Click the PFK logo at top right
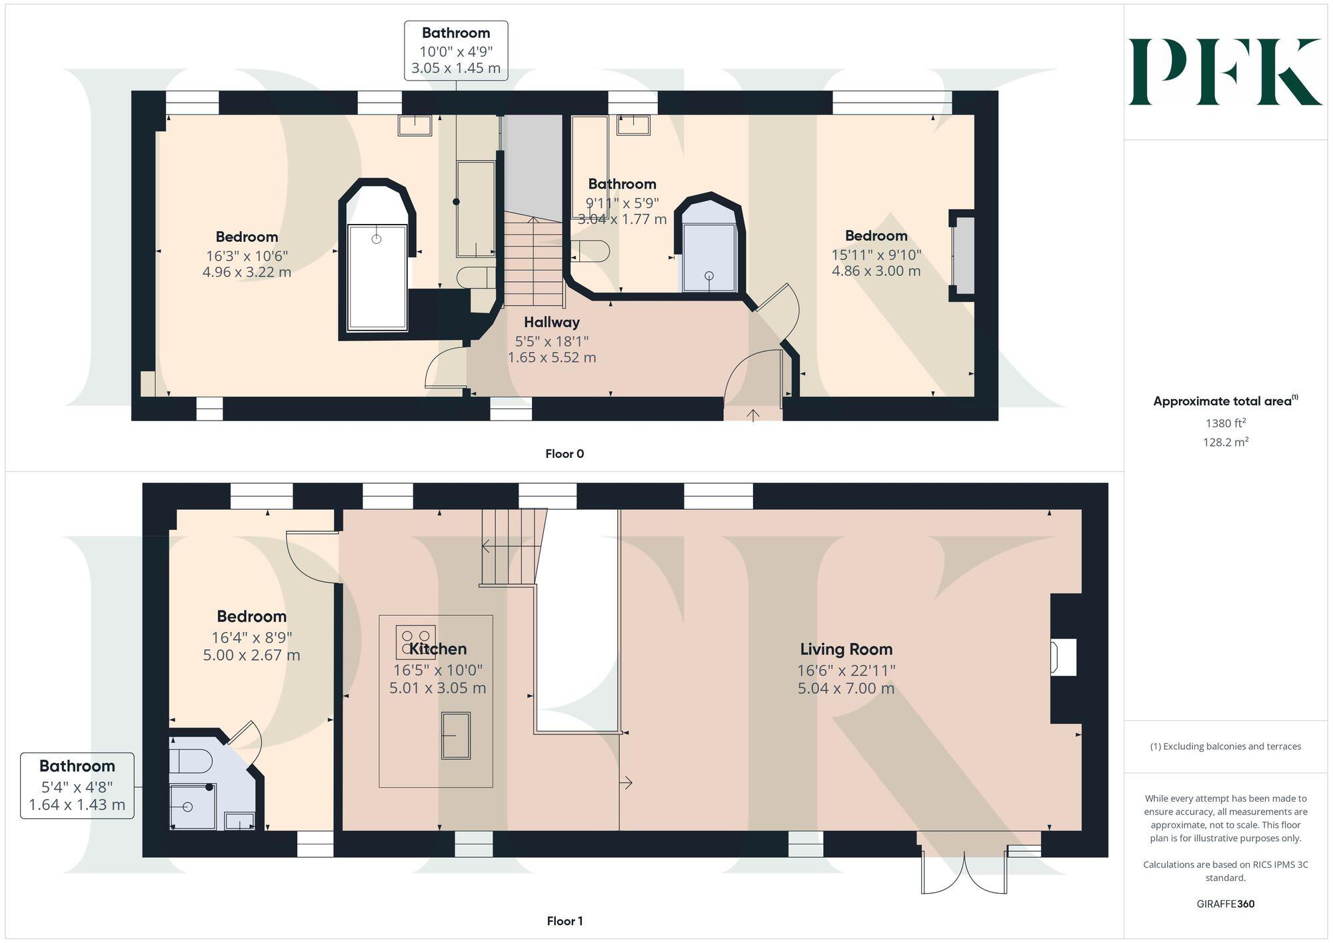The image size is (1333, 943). coord(1224,72)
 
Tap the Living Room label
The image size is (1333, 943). coord(846,649)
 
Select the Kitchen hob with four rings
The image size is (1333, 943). coord(415,642)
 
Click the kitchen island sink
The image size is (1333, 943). coord(456,735)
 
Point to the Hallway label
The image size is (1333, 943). coord(551,323)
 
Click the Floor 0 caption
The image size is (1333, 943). coord(564,454)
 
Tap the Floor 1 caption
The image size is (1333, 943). coord(564,921)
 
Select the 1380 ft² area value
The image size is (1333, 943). coord(1225,423)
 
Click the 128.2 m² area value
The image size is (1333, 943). coord(1225,442)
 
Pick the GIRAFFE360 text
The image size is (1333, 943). coord(1225,904)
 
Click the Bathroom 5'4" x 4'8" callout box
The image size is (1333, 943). coord(77,786)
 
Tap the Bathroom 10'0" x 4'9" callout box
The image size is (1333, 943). coord(456,51)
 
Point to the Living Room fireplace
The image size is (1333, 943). coord(1063,658)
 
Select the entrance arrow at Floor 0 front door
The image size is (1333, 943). coord(752,415)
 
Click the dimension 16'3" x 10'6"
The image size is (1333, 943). coord(247,256)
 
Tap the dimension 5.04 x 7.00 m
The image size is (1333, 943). coord(846,688)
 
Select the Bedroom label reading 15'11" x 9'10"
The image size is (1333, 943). coord(876,236)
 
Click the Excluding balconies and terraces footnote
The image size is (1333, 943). coord(1225,746)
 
